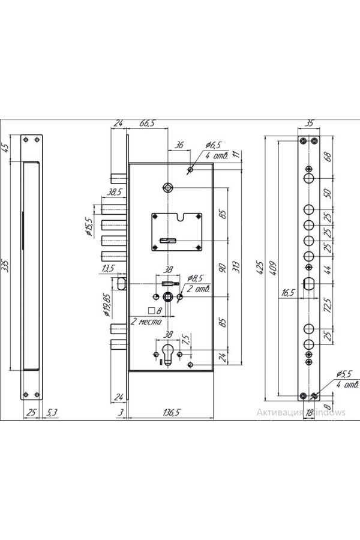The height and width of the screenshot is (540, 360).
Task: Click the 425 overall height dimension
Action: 260,267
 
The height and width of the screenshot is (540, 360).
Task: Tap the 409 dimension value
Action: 273,267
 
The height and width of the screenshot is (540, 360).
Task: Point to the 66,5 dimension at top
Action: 147,124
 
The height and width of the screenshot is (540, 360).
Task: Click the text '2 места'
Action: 146,322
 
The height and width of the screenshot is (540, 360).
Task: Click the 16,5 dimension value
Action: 288,293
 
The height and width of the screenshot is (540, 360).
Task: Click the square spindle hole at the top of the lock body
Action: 167,188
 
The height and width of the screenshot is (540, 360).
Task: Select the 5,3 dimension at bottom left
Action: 51,412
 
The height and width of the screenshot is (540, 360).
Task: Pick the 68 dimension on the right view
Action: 328,157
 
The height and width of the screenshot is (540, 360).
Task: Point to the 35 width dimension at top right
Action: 309,123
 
